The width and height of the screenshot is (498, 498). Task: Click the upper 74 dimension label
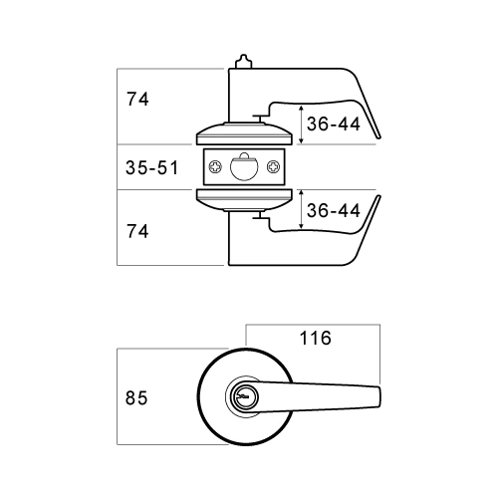[x=137, y=99]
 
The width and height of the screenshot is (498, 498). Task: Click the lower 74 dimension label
[x=137, y=231]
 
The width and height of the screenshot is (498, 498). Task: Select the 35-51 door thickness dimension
[x=152, y=167]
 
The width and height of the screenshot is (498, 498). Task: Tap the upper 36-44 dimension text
[x=334, y=124]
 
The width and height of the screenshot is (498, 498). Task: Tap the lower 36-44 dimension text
[x=334, y=210]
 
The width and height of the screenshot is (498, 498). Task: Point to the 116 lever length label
[x=316, y=338]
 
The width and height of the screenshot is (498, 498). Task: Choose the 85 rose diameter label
[x=136, y=397]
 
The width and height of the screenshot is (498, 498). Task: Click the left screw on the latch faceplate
[x=215, y=166]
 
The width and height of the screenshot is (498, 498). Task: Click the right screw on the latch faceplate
[x=274, y=166]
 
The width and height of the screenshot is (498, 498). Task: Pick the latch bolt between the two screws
[x=244, y=167]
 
